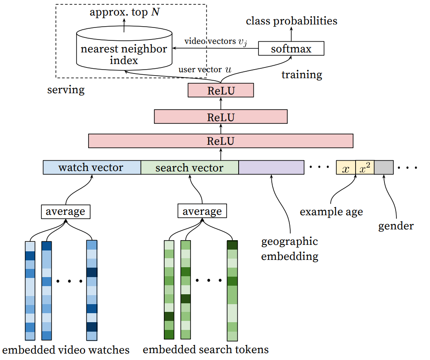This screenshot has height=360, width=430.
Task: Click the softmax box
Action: click(291, 49)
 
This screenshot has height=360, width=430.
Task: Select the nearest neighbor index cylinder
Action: click(124, 48)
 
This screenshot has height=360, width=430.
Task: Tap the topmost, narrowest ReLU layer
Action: click(221, 90)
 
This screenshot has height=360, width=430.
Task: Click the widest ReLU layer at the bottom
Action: click(221, 141)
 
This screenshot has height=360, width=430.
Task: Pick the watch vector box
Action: click(92, 168)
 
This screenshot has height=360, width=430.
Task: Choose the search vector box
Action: click(190, 168)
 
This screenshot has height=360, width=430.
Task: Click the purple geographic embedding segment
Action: click(271, 168)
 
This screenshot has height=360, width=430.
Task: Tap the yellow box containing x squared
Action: click(365, 168)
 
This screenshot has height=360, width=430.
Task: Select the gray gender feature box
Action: click(384, 168)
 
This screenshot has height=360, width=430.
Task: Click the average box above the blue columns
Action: click(65, 211)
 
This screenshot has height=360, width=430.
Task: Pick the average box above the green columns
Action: click(202, 211)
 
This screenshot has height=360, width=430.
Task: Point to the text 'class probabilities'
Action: click(292, 21)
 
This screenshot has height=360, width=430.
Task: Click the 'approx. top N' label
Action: click(125, 12)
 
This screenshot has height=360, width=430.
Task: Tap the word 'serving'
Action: click(66, 90)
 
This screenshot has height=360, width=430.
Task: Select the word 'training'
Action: click(302, 74)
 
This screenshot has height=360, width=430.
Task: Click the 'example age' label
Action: click(331, 212)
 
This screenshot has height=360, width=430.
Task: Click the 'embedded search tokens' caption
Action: click(206, 350)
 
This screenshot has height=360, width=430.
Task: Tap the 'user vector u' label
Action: click(205, 70)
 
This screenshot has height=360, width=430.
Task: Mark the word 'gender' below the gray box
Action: click(396, 226)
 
